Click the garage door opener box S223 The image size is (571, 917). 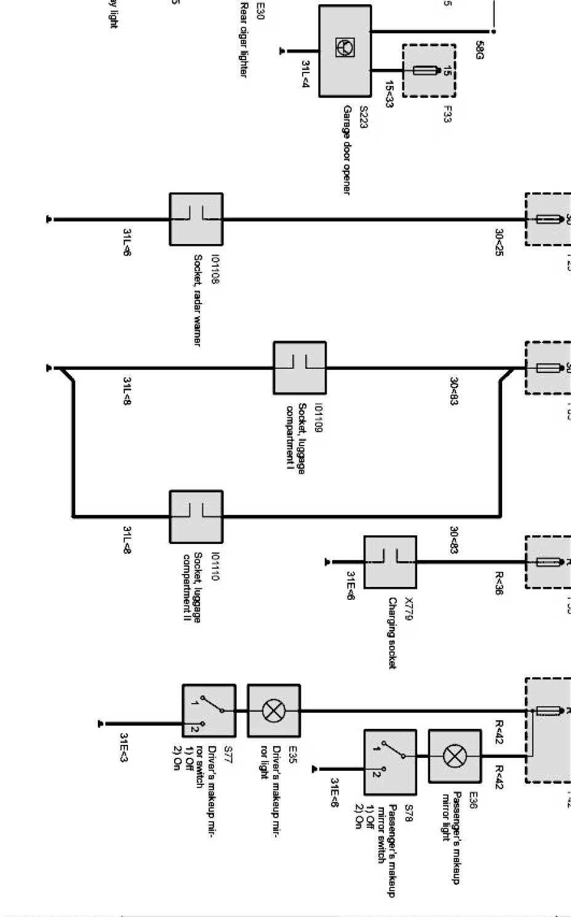(345, 51)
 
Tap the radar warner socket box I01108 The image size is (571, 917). (196, 219)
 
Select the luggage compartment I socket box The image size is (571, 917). (300, 368)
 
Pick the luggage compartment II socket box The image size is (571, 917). (196, 517)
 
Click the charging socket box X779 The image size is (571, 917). (389, 562)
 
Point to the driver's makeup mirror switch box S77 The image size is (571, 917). (209, 711)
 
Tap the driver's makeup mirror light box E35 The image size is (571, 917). (274, 711)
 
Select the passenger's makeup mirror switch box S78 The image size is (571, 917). (389, 756)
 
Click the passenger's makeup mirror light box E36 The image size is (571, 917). (455, 756)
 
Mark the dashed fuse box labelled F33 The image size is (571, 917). (429, 71)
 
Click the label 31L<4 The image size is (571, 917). (305, 73)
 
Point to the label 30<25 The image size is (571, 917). (499, 242)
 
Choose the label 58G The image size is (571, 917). (480, 50)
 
